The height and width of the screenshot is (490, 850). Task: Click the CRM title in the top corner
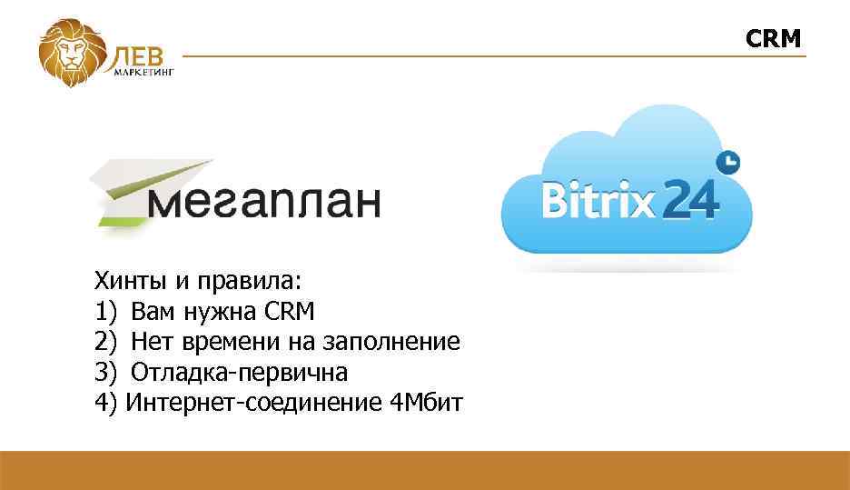[774, 38]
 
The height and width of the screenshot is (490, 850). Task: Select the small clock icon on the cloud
[728, 162]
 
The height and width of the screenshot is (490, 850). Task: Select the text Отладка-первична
[239, 372]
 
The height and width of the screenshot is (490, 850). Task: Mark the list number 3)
[106, 372]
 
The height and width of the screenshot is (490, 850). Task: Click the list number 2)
[106, 342]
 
